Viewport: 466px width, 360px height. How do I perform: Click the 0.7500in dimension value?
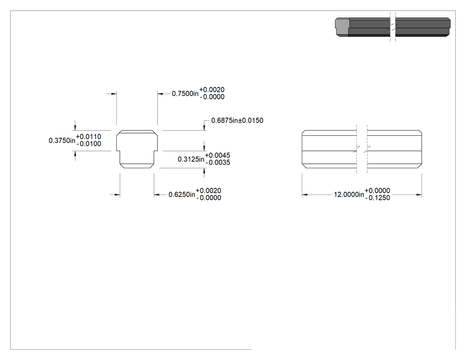(x=185, y=94)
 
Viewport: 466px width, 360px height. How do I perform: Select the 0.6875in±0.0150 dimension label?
(x=237, y=120)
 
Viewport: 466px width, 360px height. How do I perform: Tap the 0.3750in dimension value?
(x=62, y=140)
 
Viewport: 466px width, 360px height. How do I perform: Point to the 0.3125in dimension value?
(x=191, y=159)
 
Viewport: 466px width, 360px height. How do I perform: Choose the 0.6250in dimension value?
(x=182, y=194)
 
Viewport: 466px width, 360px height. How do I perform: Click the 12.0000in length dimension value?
(x=349, y=195)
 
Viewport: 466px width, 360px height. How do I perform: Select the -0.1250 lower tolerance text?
(x=378, y=198)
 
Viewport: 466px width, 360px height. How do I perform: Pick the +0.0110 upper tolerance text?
(x=89, y=137)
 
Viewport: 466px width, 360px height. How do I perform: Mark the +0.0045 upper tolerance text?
(x=217, y=155)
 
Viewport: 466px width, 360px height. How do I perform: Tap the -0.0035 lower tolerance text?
(x=218, y=162)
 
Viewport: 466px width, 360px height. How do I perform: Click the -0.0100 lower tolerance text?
(x=89, y=144)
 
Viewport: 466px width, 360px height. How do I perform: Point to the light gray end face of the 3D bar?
(x=342, y=27)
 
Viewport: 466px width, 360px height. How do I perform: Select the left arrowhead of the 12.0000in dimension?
(x=304, y=195)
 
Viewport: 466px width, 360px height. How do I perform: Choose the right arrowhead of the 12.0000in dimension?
(x=419, y=195)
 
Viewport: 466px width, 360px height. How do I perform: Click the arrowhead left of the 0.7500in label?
(x=161, y=94)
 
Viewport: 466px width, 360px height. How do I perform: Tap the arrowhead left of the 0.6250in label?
(x=157, y=195)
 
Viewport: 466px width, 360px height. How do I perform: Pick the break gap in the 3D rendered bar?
(x=393, y=27)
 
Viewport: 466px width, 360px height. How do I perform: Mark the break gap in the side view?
(x=362, y=149)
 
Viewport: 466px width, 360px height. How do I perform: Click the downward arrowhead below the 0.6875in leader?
(x=204, y=127)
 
